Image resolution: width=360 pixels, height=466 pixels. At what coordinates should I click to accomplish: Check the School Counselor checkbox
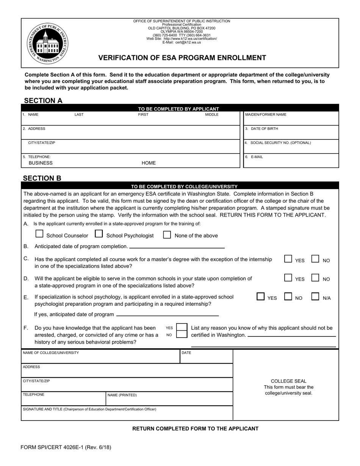[x=39, y=234]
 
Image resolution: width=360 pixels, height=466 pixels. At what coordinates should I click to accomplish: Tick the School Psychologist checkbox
[x=99, y=234]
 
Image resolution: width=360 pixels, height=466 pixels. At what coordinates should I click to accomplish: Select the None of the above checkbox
[x=167, y=235]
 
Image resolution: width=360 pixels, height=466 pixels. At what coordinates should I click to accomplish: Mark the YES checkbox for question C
[x=288, y=259]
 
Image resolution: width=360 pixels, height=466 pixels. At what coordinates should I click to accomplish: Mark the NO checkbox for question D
[x=315, y=278]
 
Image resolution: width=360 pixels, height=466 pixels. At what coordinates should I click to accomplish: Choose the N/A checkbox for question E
[x=315, y=297]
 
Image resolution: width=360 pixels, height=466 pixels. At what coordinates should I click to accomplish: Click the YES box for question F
[x=182, y=327]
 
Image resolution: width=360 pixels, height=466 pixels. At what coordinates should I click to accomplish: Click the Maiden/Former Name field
[x=291, y=120]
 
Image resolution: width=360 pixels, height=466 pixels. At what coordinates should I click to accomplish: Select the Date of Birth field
[x=291, y=134]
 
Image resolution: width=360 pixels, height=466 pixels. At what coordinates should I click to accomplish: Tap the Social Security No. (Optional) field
[x=291, y=148]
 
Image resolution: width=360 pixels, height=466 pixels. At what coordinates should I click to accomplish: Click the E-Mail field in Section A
[x=291, y=162]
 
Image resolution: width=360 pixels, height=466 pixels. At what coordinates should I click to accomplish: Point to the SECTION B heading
[x=42, y=178]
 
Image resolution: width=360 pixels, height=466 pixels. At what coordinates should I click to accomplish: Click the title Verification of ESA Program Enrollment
[x=182, y=58]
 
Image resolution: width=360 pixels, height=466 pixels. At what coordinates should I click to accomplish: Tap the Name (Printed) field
[x=169, y=400]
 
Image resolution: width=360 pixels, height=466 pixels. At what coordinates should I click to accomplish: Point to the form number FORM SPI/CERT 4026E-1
[x=66, y=447]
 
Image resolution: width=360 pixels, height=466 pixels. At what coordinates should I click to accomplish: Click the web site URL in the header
[x=190, y=39]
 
